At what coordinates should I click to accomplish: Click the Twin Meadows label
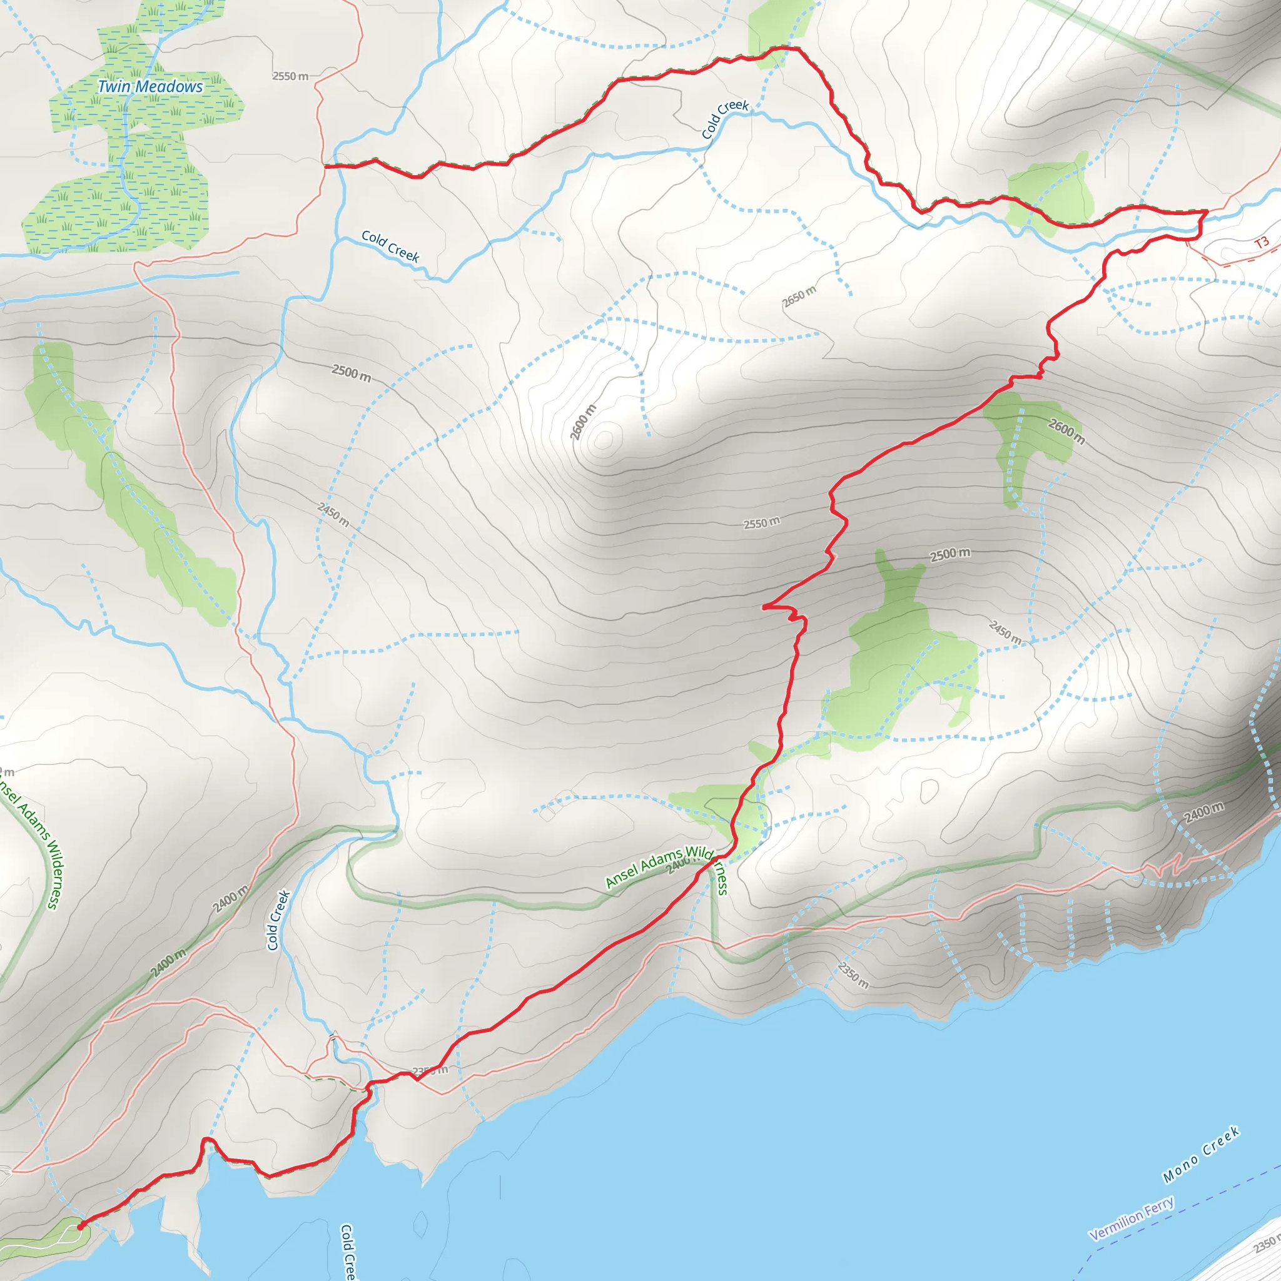pos(150,86)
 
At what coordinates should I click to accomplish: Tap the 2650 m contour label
pos(799,296)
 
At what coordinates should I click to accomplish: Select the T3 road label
pos(1261,243)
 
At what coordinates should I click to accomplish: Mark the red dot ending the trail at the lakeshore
pos(80,1227)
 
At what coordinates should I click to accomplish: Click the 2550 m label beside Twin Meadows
pos(290,76)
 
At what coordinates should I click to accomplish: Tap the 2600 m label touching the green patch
pos(1066,431)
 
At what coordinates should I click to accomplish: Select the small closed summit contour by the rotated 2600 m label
pos(604,440)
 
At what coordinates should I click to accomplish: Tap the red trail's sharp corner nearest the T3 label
pos(1206,211)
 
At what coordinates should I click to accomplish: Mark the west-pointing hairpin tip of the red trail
pos(764,607)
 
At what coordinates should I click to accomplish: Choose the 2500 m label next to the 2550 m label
pos(949,554)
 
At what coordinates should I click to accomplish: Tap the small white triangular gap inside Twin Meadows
pos(141,125)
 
